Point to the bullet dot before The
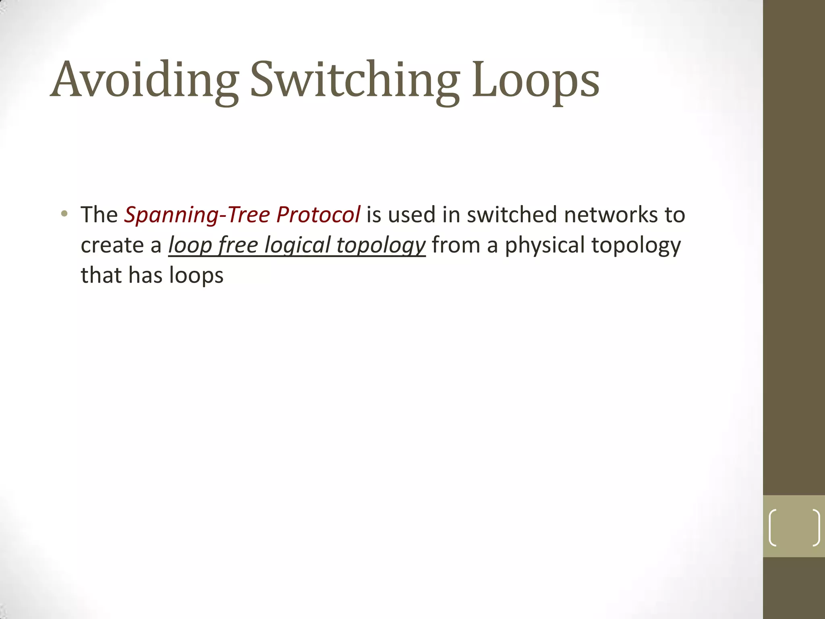point(64,214)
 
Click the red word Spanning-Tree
point(197,215)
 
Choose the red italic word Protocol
point(318,214)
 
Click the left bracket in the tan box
point(773,528)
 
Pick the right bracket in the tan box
point(816,528)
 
